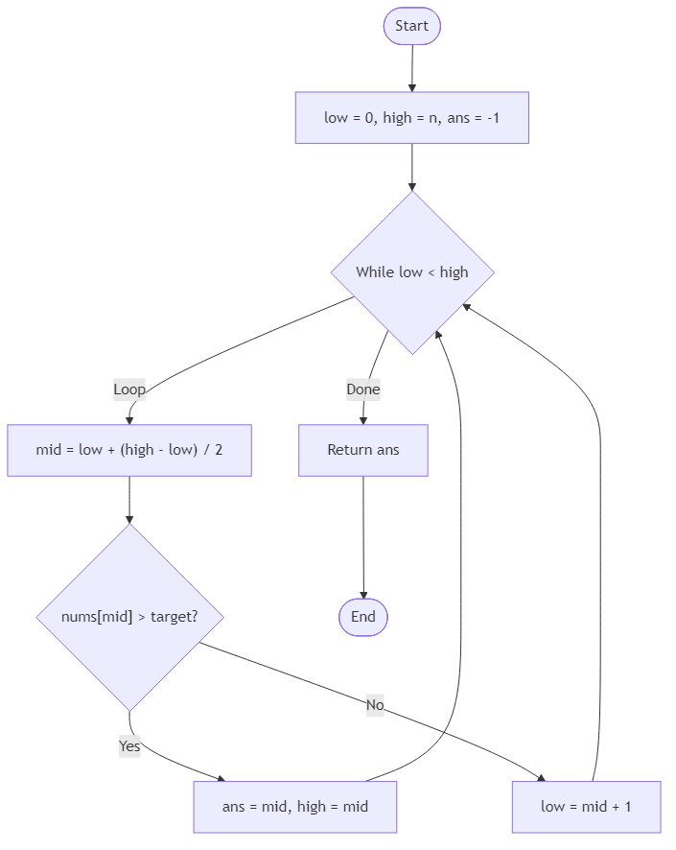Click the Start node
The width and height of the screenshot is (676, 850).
411,26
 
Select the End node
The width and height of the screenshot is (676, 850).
363,617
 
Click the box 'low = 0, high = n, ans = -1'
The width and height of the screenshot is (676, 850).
411,118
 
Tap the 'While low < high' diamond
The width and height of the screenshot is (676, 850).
412,272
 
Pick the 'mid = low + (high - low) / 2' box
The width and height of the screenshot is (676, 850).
129,450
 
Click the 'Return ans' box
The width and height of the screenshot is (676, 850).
363,450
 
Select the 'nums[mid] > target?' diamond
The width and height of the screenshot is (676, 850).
129,617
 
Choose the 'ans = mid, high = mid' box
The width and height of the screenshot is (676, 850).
295,807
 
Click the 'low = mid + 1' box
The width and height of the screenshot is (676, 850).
586,807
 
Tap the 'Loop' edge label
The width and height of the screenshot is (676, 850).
129,390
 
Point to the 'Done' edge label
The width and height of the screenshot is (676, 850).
363,390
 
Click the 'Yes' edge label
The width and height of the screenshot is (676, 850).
129,745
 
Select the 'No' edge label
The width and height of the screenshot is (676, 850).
375,705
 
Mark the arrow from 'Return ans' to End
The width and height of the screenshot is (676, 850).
363,537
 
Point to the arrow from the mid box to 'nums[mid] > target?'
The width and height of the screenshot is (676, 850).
129,500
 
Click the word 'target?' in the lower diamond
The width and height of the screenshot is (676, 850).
175,617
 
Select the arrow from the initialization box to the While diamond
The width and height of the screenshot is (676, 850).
411,167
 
